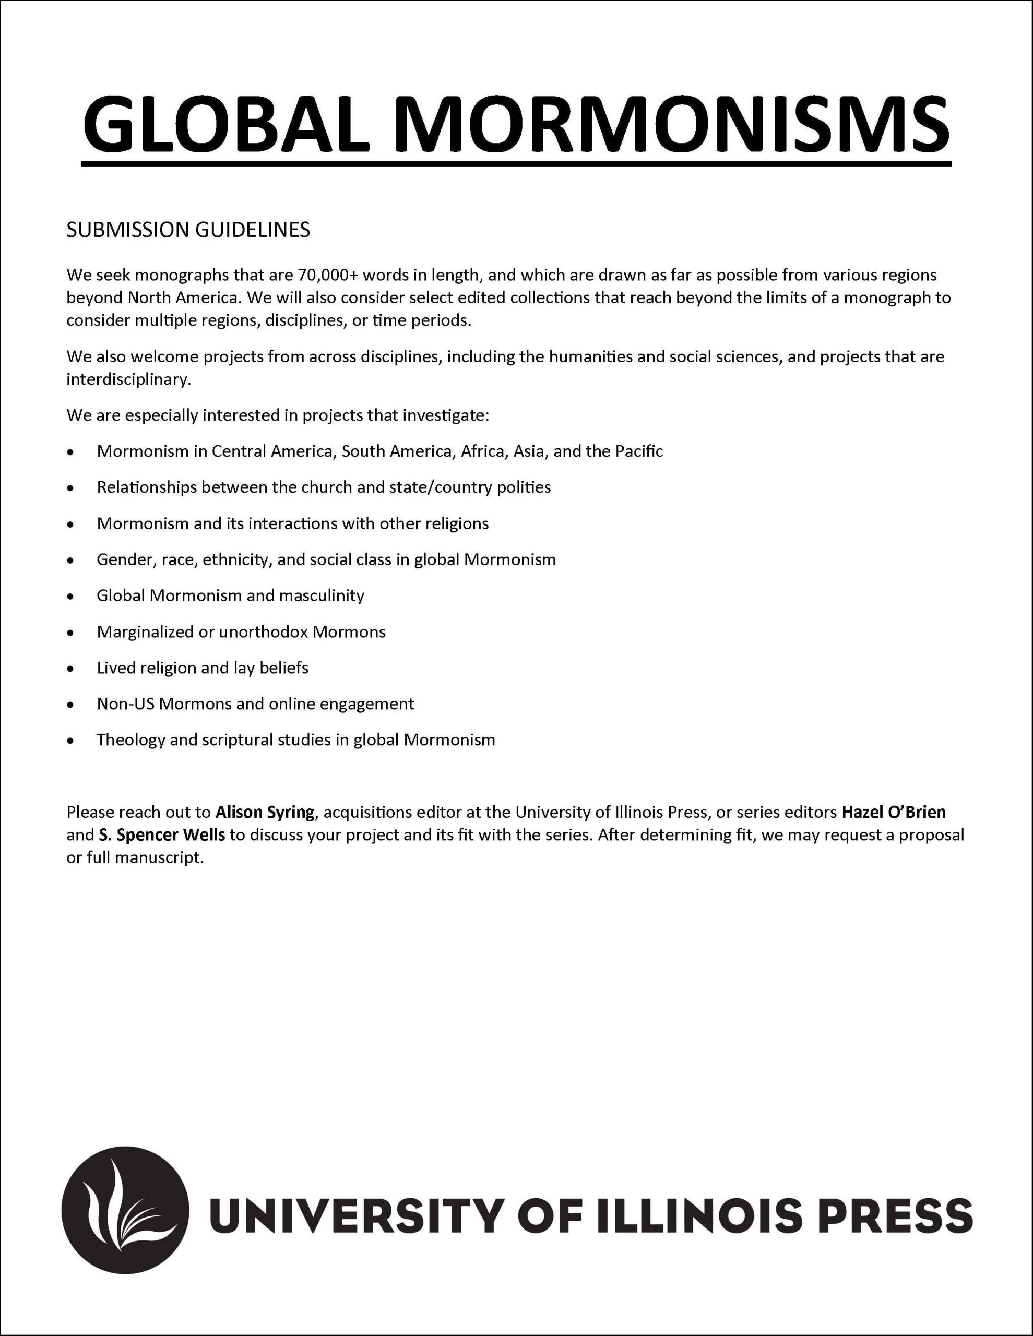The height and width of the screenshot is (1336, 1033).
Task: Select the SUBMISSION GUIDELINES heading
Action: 188,230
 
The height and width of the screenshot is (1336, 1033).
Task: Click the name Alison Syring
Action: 265,813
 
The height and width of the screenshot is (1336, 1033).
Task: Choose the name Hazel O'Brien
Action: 894,813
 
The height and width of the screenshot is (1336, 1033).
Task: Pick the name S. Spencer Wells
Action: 162,835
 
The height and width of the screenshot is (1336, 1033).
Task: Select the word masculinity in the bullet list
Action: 322,596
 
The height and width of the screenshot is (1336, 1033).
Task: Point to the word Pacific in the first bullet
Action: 638,451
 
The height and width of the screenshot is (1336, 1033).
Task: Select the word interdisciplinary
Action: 128,380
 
